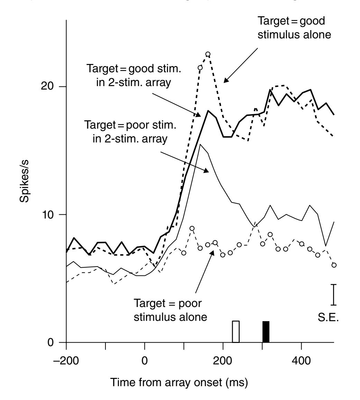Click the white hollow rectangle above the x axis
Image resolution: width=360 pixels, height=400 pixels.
click(236, 332)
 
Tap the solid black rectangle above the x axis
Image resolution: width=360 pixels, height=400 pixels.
click(266, 332)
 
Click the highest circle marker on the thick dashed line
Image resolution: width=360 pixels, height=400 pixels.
click(208, 54)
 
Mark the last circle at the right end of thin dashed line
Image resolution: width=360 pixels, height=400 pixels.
click(334, 265)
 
